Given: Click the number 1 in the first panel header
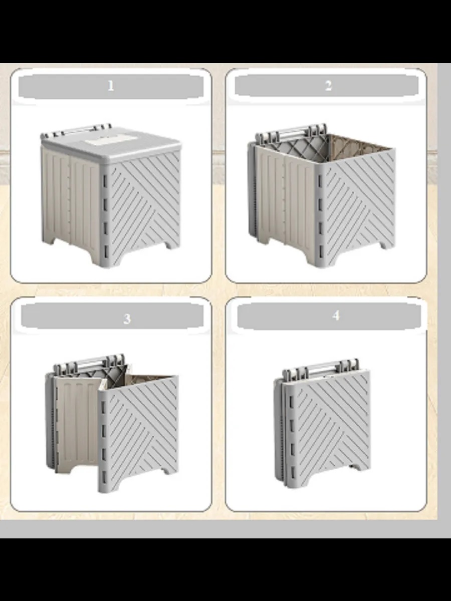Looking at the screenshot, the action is pyautogui.click(x=111, y=86).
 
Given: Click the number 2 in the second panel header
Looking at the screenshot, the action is pyautogui.click(x=328, y=86).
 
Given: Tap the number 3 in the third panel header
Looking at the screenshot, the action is pyautogui.click(x=127, y=319).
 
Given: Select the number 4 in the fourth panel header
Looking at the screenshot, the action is pyautogui.click(x=336, y=316).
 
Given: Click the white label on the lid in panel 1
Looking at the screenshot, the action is pyautogui.click(x=111, y=141).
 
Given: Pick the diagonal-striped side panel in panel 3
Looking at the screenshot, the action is pyautogui.click(x=140, y=433).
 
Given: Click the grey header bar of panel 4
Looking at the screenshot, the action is pyautogui.click(x=329, y=316).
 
